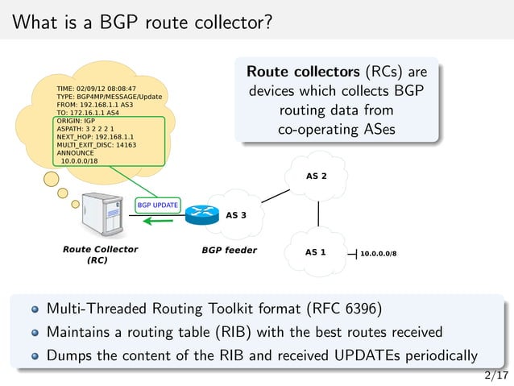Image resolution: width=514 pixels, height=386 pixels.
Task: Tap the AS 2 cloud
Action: [317, 176]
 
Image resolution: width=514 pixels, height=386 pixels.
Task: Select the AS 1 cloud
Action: [316, 251]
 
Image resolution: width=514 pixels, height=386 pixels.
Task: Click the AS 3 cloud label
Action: [236, 215]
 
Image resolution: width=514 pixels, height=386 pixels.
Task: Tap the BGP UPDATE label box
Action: [158, 205]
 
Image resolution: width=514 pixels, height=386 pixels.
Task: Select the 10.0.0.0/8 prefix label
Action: [378, 252]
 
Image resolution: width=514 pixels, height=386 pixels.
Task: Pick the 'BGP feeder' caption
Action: [229, 250]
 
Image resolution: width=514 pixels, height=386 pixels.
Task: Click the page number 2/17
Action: [496, 375]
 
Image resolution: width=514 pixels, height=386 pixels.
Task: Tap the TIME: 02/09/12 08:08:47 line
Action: [95, 87]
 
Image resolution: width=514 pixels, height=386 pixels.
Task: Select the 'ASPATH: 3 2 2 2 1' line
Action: [85, 129]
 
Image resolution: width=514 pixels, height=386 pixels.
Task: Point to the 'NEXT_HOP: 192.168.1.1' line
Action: [94, 137]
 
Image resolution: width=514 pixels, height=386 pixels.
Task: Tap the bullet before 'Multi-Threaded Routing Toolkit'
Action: [35, 309]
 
